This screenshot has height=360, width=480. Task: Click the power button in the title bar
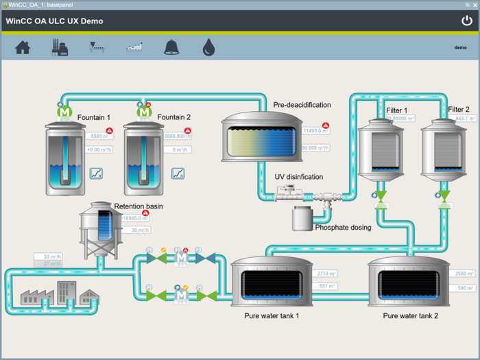click(466, 21)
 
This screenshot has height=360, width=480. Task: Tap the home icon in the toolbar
click(23, 47)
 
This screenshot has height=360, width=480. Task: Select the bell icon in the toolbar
click(171, 47)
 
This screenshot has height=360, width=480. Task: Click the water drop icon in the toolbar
click(208, 47)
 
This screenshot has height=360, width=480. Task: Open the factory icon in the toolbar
click(60, 47)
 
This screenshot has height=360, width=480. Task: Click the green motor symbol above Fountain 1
click(64, 111)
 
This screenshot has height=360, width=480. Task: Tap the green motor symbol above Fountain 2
click(144, 111)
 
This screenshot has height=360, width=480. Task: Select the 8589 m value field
click(101, 136)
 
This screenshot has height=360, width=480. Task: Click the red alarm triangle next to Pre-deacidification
click(326, 126)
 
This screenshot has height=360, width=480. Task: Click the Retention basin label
click(139, 206)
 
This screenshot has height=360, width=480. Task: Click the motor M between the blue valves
click(182, 259)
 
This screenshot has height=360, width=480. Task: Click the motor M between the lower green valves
click(182, 296)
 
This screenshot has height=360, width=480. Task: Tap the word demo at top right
click(460, 47)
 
